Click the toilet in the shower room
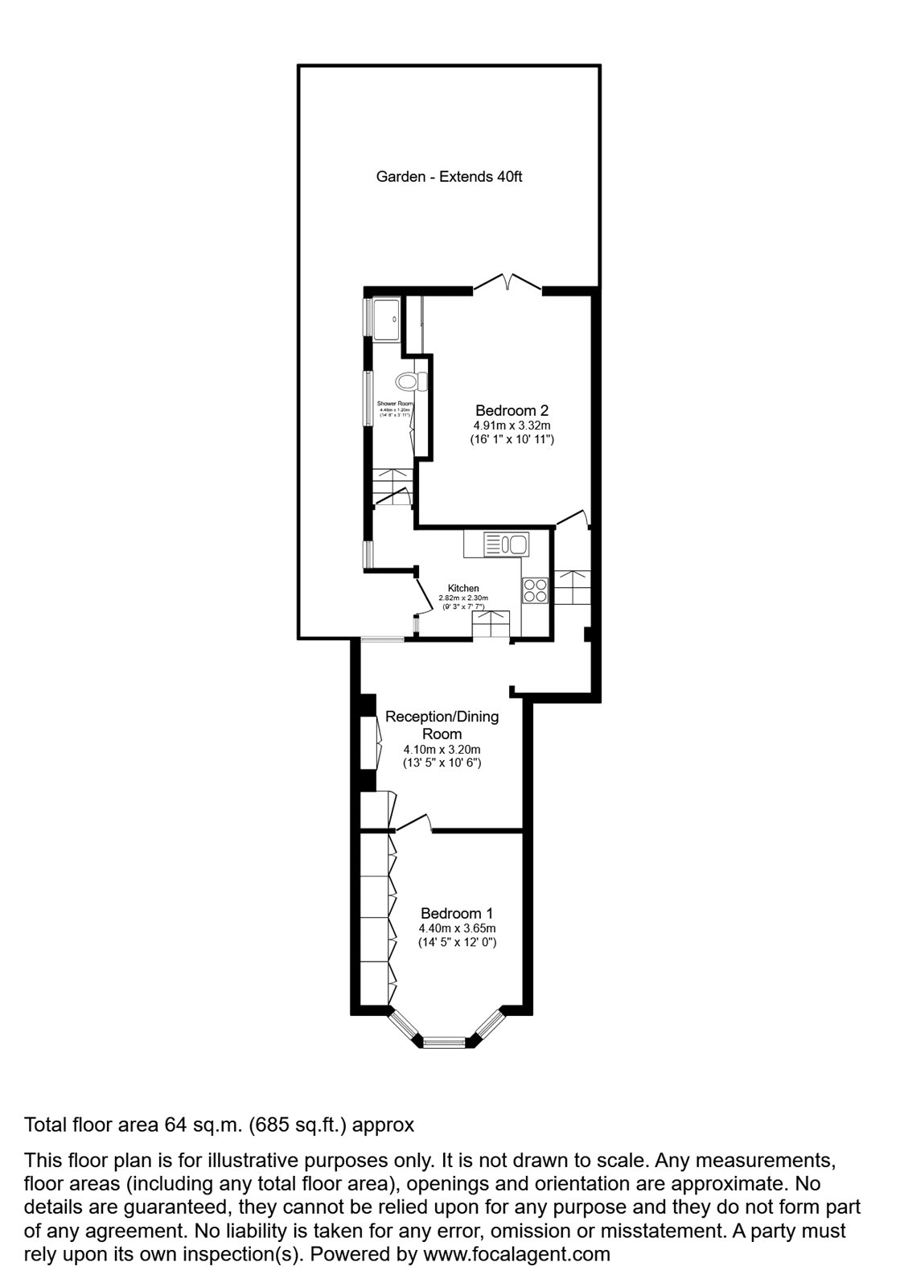409,379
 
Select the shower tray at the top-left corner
385,319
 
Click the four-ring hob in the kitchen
536,590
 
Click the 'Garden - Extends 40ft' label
449,176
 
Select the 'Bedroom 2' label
512,409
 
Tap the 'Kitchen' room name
463,589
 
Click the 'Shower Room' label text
394,403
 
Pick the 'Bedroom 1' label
457,914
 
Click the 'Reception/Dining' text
442,717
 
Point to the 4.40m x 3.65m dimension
457,928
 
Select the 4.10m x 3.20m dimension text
442,749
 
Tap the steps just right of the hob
573,588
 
